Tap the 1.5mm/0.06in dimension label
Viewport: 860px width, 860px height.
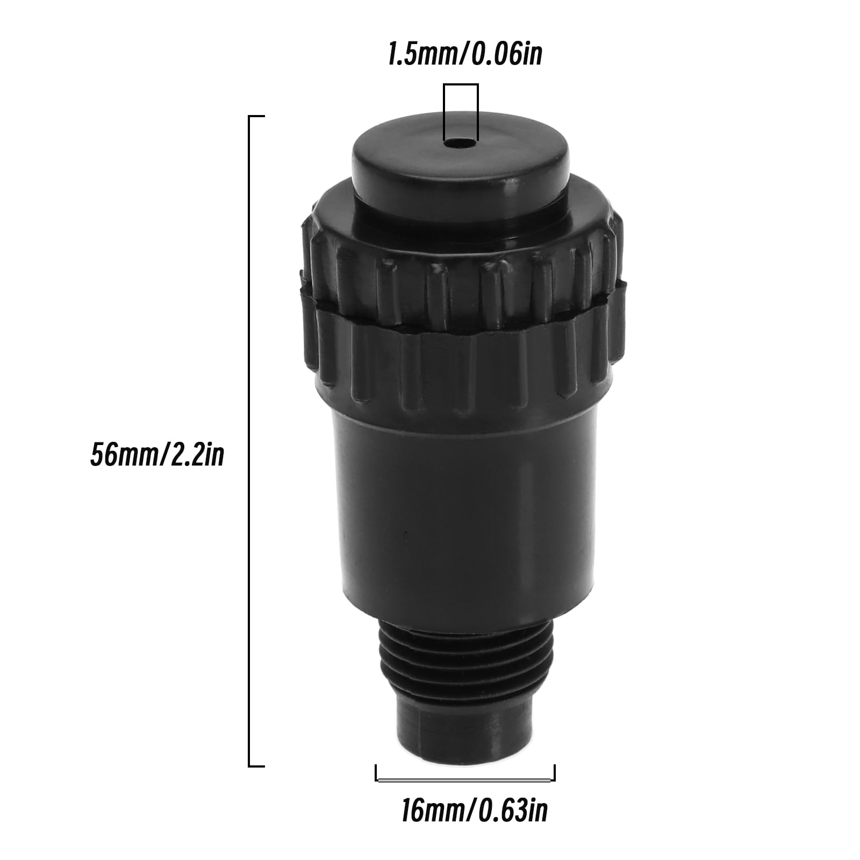click(x=465, y=56)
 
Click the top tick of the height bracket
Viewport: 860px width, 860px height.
click(x=256, y=116)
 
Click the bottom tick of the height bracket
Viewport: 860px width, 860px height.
click(x=256, y=766)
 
